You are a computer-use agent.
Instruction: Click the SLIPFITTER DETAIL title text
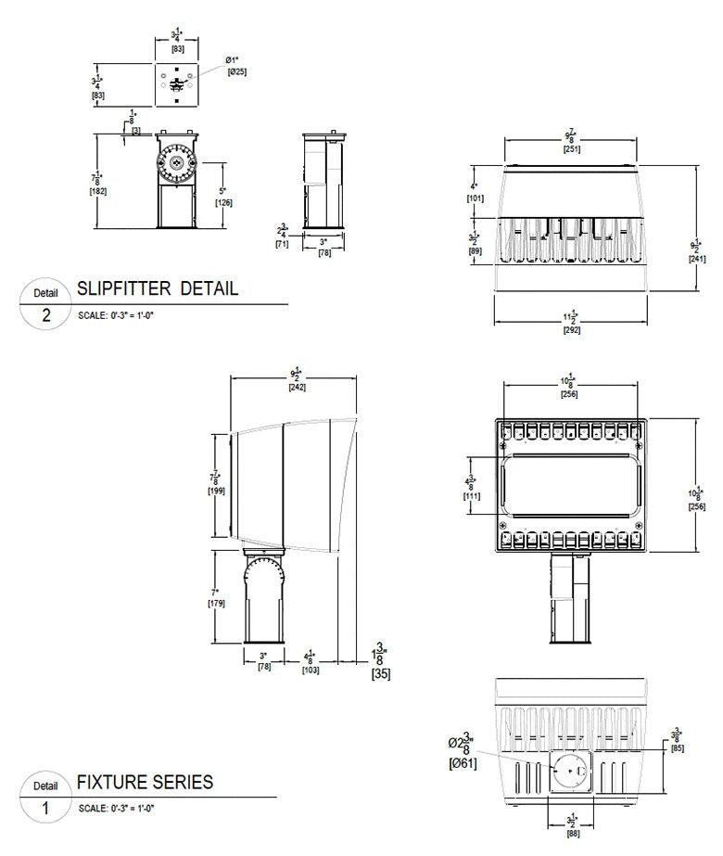[x=158, y=288]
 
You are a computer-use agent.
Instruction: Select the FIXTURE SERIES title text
[x=145, y=782]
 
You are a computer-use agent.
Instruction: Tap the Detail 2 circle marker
[x=46, y=304]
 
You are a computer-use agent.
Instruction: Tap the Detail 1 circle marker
[x=46, y=798]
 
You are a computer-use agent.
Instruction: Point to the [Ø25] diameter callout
[x=236, y=71]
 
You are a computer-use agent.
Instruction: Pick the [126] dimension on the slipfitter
[x=223, y=202]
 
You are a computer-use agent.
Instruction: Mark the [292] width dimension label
[x=572, y=330]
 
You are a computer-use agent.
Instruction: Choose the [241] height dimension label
[x=696, y=259]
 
